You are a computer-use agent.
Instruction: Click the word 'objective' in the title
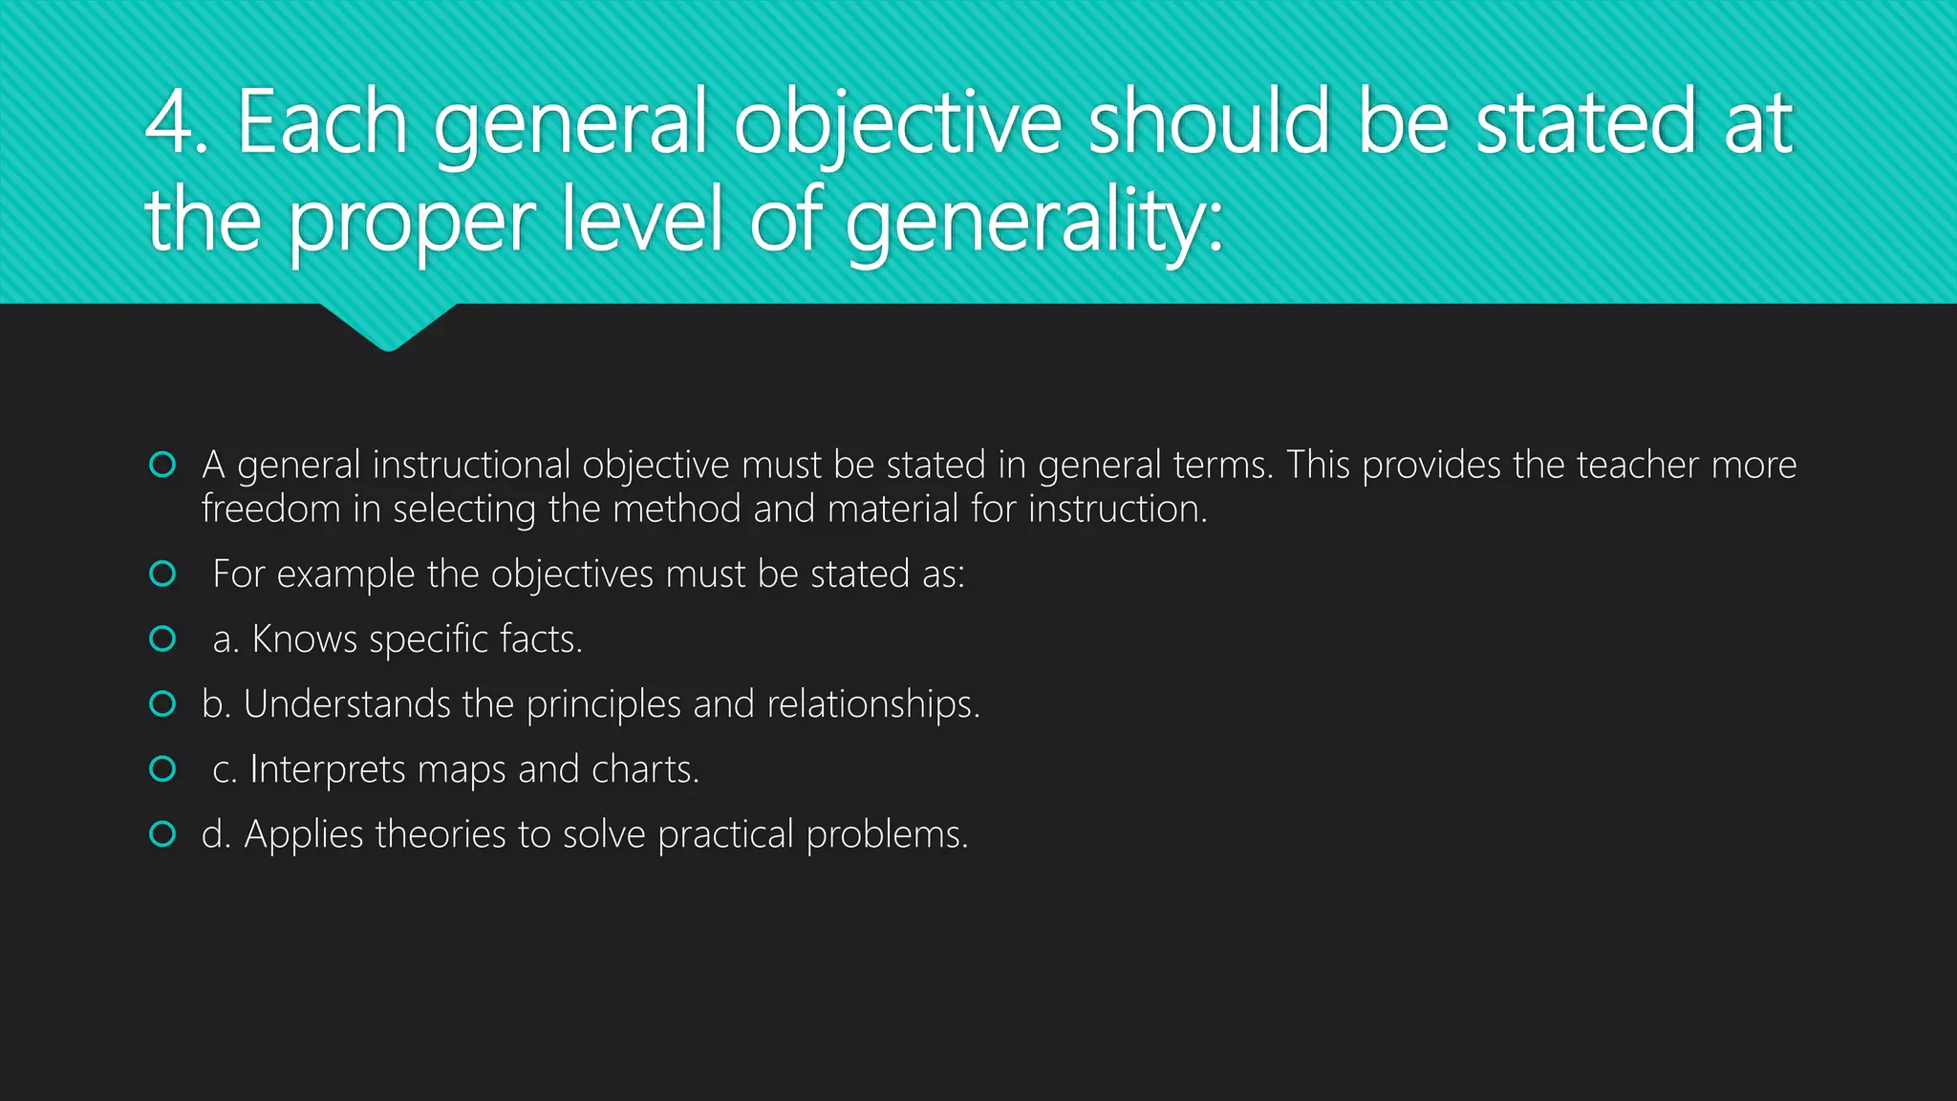[x=897, y=124]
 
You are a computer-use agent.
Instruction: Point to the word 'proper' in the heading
[x=411, y=224]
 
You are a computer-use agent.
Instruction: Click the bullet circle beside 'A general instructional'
[x=162, y=464]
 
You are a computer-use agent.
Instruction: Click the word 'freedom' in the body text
[x=270, y=508]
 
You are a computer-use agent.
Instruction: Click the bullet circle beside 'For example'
[x=162, y=573]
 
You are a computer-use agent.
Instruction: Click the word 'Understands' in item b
[x=347, y=704]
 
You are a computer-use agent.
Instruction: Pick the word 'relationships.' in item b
[x=873, y=704]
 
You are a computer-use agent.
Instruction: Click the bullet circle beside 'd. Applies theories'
[x=162, y=834]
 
